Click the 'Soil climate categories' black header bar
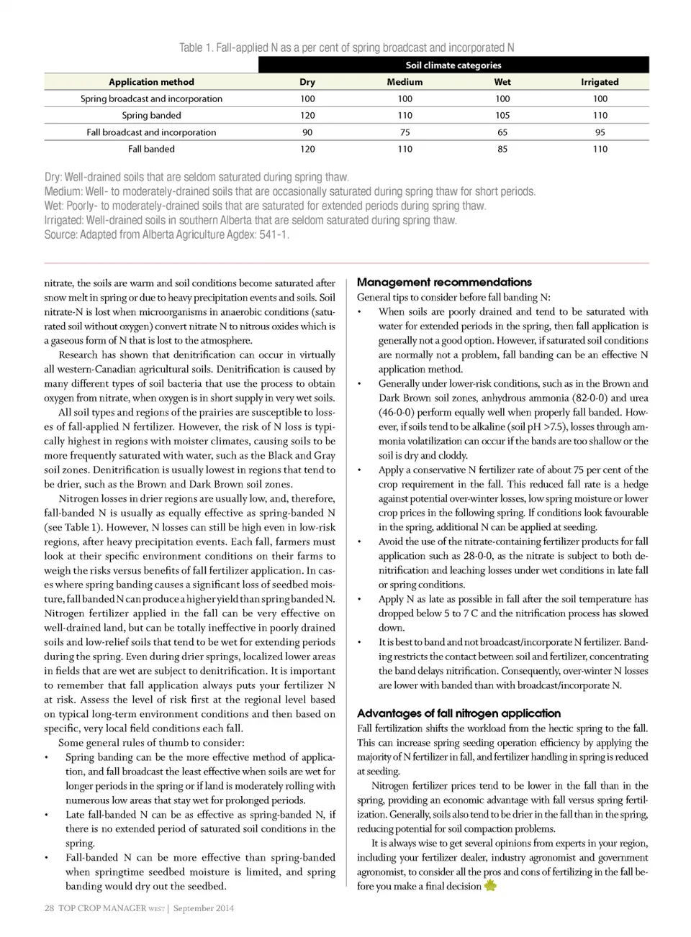tap(453, 65)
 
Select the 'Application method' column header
tap(151, 82)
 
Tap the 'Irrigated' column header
tap(600, 82)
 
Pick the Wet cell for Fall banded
tap(502, 149)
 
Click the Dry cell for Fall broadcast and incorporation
tap(307, 132)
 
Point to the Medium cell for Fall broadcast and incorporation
tap(405, 132)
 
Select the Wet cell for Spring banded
tap(502, 115)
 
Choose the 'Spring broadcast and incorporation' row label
tap(151, 99)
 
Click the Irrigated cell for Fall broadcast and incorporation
tap(600, 132)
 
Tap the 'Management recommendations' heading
tap(444, 282)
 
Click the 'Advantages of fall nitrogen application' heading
tap(459, 713)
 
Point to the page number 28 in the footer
tap(49, 908)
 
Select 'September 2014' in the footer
tap(204, 908)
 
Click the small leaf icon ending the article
tap(490, 885)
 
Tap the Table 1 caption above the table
tap(346, 47)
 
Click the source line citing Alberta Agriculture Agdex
tap(166, 234)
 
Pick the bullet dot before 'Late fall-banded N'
tap(47, 815)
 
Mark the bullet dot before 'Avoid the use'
tap(360, 541)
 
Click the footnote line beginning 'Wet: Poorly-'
tap(265, 206)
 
